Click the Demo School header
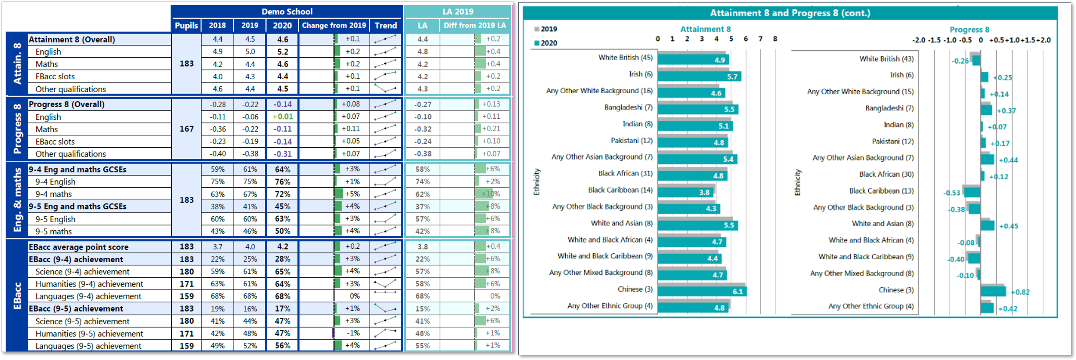tap(287, 12)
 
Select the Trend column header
tap(386, 25)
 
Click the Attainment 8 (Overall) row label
tap(72, 40)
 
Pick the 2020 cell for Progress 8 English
tap(282, 116)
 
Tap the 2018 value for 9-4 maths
tap(217, 194)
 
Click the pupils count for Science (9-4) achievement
tap(186, 271)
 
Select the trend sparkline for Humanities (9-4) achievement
tap(385, 284)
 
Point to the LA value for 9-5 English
tap(422, 219)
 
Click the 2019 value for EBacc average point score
tap(250, 247)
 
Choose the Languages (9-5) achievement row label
tap(88, 346)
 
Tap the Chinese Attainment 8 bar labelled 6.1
tap(702, 291)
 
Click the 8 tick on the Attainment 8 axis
tap(775, 39)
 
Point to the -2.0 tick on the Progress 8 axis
tap(919, 40)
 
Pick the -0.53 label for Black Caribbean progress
tap(952, 193)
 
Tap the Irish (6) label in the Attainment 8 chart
tap(640, 74)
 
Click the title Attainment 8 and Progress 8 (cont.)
tap(790, 13)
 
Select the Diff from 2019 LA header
tap(475, 25)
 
